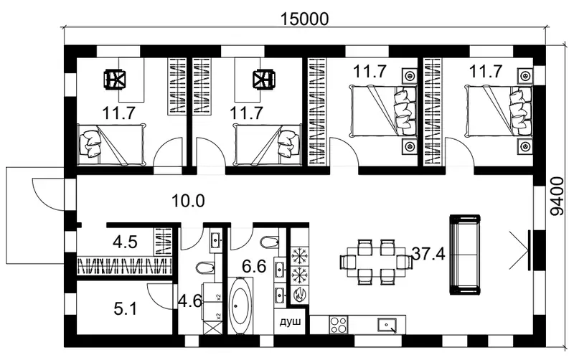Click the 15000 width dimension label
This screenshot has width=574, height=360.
click(x=304, y=19)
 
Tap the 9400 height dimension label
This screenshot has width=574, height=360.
click(x=558, y=196)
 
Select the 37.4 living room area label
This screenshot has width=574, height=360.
click(x=428, y=254)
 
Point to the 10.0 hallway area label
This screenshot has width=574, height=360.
click(x=188, y=201)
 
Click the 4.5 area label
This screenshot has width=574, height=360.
click(x=125, y=242)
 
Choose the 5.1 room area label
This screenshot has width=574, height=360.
click(x=125, y=309)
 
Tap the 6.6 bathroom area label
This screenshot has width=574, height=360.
click(x=254, y=266)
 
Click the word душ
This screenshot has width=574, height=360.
click(x=291, y=322)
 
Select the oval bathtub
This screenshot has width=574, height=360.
click(x=240, y=306)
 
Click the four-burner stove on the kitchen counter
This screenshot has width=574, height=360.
click(x=338, y=325)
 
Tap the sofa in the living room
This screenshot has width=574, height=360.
click(x=464, y=255)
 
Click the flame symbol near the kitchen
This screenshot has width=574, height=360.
click(x=300, y=294)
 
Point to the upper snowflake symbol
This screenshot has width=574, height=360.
click(x=300, y=255)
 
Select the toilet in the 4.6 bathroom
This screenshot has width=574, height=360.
click(x=204, y=268)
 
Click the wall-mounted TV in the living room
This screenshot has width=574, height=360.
click(x=530, y=250)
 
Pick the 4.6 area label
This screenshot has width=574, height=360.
click(x=190, y=301)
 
